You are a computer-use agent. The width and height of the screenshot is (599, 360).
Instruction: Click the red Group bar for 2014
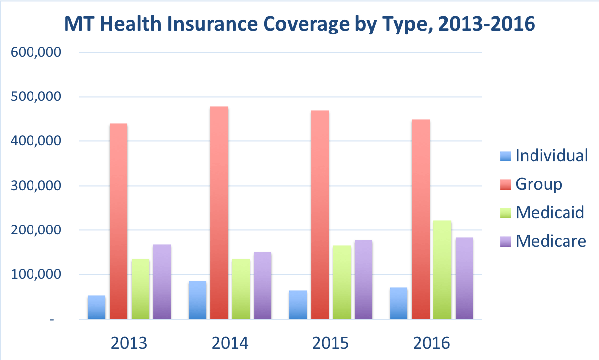pyautogui.click(x=219, y=213)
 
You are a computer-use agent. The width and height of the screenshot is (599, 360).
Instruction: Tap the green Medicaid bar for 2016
pyautogui.click(x=442, y=269)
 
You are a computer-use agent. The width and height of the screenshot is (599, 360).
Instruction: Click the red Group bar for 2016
pyautogui.click(x=421, y=219)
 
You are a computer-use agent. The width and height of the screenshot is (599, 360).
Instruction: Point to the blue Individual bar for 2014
pyautogui.click(x=198, y=300)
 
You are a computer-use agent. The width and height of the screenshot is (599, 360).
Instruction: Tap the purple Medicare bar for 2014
pyautogui.click(x=263, y=285)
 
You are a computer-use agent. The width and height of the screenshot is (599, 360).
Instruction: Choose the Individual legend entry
pyautogui.click(x=543, y=156)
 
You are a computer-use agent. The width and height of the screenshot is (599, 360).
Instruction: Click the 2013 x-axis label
pyautogui.click(x=129, y=343)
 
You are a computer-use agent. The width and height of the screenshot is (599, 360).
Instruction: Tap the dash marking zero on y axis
pyautogui.click(x=52, y=320)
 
